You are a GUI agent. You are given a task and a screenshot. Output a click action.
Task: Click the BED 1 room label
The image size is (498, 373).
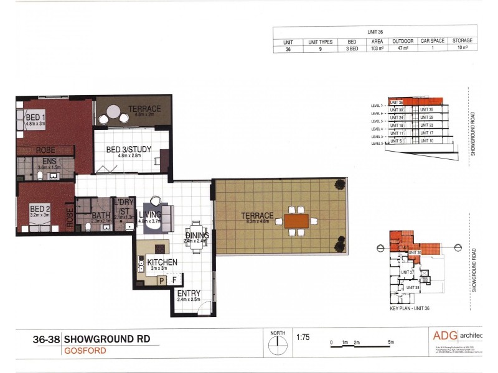[35, 116]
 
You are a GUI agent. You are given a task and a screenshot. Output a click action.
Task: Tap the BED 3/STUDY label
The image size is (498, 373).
[129, 149]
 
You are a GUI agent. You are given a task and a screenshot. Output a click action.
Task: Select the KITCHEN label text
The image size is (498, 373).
[162, 262]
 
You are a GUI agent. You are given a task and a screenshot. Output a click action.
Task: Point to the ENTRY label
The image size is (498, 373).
[189, 293]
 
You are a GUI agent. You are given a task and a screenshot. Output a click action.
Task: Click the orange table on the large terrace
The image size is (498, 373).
[296, 221]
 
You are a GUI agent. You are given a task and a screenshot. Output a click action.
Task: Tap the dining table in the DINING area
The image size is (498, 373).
[197, 235]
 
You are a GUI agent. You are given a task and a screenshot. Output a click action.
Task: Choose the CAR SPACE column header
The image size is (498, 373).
[432, 41]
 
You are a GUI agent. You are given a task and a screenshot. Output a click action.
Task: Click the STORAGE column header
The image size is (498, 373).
[463, 41]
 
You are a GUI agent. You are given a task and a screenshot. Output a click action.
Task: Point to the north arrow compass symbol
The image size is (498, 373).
[278, 344]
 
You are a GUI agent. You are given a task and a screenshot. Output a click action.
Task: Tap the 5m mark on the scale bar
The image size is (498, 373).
[390, 343]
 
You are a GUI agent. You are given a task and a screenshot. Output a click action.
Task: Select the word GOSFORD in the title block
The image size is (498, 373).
[85, 351]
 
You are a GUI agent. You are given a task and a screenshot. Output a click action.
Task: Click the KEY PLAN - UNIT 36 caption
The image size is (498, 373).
[409, 308]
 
